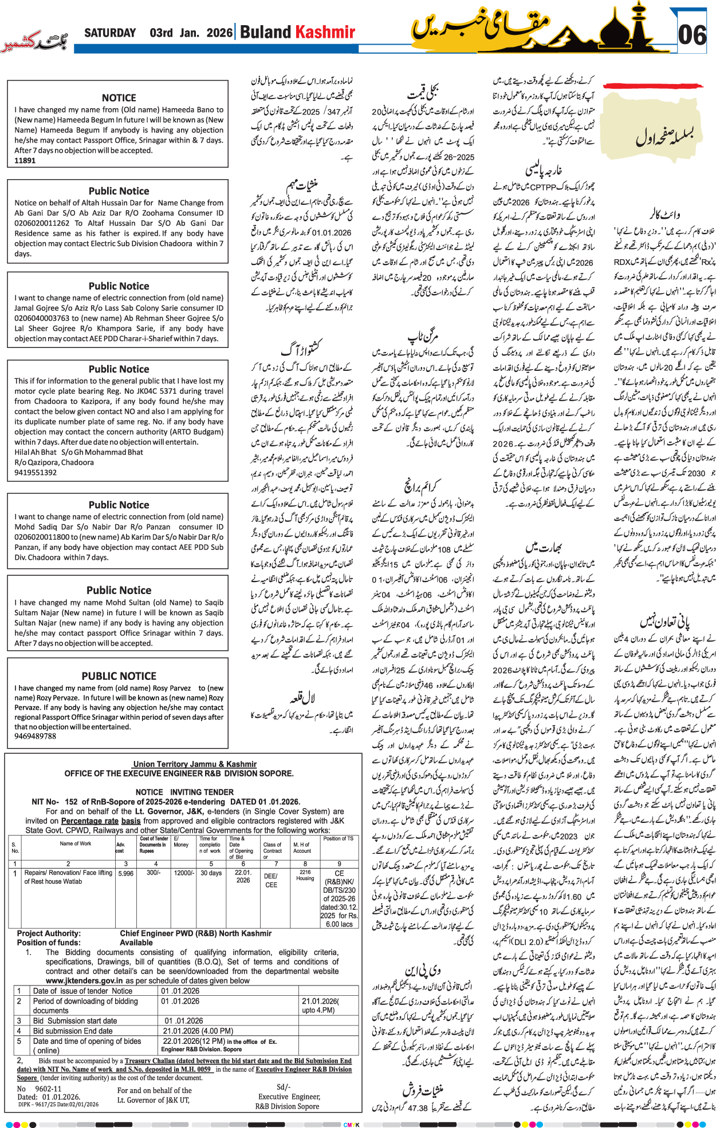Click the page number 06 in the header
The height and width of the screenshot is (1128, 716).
pos(692,35)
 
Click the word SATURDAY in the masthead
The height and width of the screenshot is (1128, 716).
pos(110,33)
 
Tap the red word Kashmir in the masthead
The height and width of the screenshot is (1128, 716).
pos(325,32)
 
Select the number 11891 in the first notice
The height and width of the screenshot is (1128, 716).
pos(25,161)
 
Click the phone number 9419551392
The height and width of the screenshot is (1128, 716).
pos(36,473)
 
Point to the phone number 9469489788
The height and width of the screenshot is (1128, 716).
pos(36,736)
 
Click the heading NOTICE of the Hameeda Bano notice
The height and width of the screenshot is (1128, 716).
pos(119,98)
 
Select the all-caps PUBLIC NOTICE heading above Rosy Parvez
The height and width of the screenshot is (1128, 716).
pos(119,676)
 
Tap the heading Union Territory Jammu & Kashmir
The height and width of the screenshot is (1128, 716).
pos(194,764)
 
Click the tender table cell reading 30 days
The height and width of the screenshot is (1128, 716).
pos(211,873)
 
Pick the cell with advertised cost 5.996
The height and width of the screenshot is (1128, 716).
pos(125,873)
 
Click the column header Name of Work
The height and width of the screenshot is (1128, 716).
pos(75,844)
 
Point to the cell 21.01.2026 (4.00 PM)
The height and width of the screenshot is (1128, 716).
pos(198,1015)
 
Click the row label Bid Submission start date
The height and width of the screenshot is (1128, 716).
pos(75,1005)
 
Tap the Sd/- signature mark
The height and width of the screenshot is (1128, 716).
pos(283,1087)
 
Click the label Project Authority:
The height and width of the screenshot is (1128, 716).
pos(49,933)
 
